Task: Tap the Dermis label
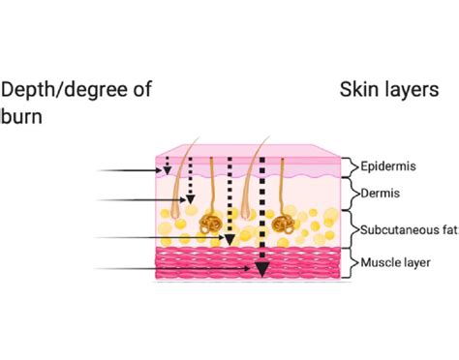click(x=381, y=194)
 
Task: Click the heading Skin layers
click(x=389, y=90)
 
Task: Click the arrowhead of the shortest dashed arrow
click(x=167, y=171)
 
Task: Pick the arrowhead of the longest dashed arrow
click(x=261, y=270)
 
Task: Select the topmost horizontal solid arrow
click(x=130, y=171)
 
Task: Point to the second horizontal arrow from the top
click(x=141, y=201)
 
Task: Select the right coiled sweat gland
click(x=285, y=225)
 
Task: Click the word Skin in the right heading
click(x=358, y=90)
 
